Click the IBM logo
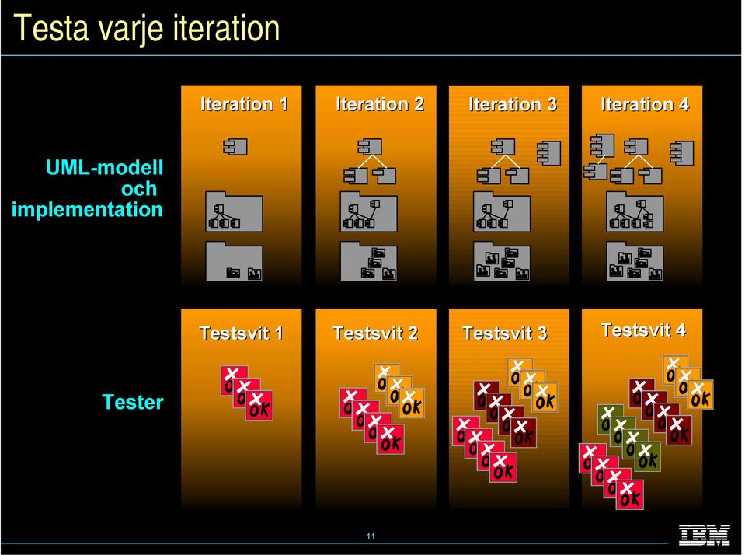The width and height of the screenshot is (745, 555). [704, 535]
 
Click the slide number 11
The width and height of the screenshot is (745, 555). [371, 536]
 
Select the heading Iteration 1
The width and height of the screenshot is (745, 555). [244, 104]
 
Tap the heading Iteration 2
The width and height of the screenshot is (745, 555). [380, 104]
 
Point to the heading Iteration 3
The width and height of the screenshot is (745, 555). [513, 104]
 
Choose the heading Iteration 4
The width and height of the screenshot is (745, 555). [645, 104]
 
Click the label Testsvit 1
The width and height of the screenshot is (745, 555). [241, 333]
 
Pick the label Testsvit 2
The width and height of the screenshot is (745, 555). [375, 333]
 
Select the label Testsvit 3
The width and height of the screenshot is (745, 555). [505, 333]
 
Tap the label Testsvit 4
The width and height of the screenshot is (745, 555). [643, 330]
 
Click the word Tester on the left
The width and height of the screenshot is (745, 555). [133, 402]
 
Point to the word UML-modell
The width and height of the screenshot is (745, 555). [105, 167]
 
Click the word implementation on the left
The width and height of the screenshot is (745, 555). [87, 209]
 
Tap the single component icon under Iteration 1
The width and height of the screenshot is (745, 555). [235, 146]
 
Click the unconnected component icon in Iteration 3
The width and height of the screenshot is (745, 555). [548, 153]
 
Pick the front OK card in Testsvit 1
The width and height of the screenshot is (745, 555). [259, 406]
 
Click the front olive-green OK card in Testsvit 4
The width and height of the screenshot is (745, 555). [647, 456]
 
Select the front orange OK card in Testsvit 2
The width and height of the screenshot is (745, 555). [412, 403]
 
